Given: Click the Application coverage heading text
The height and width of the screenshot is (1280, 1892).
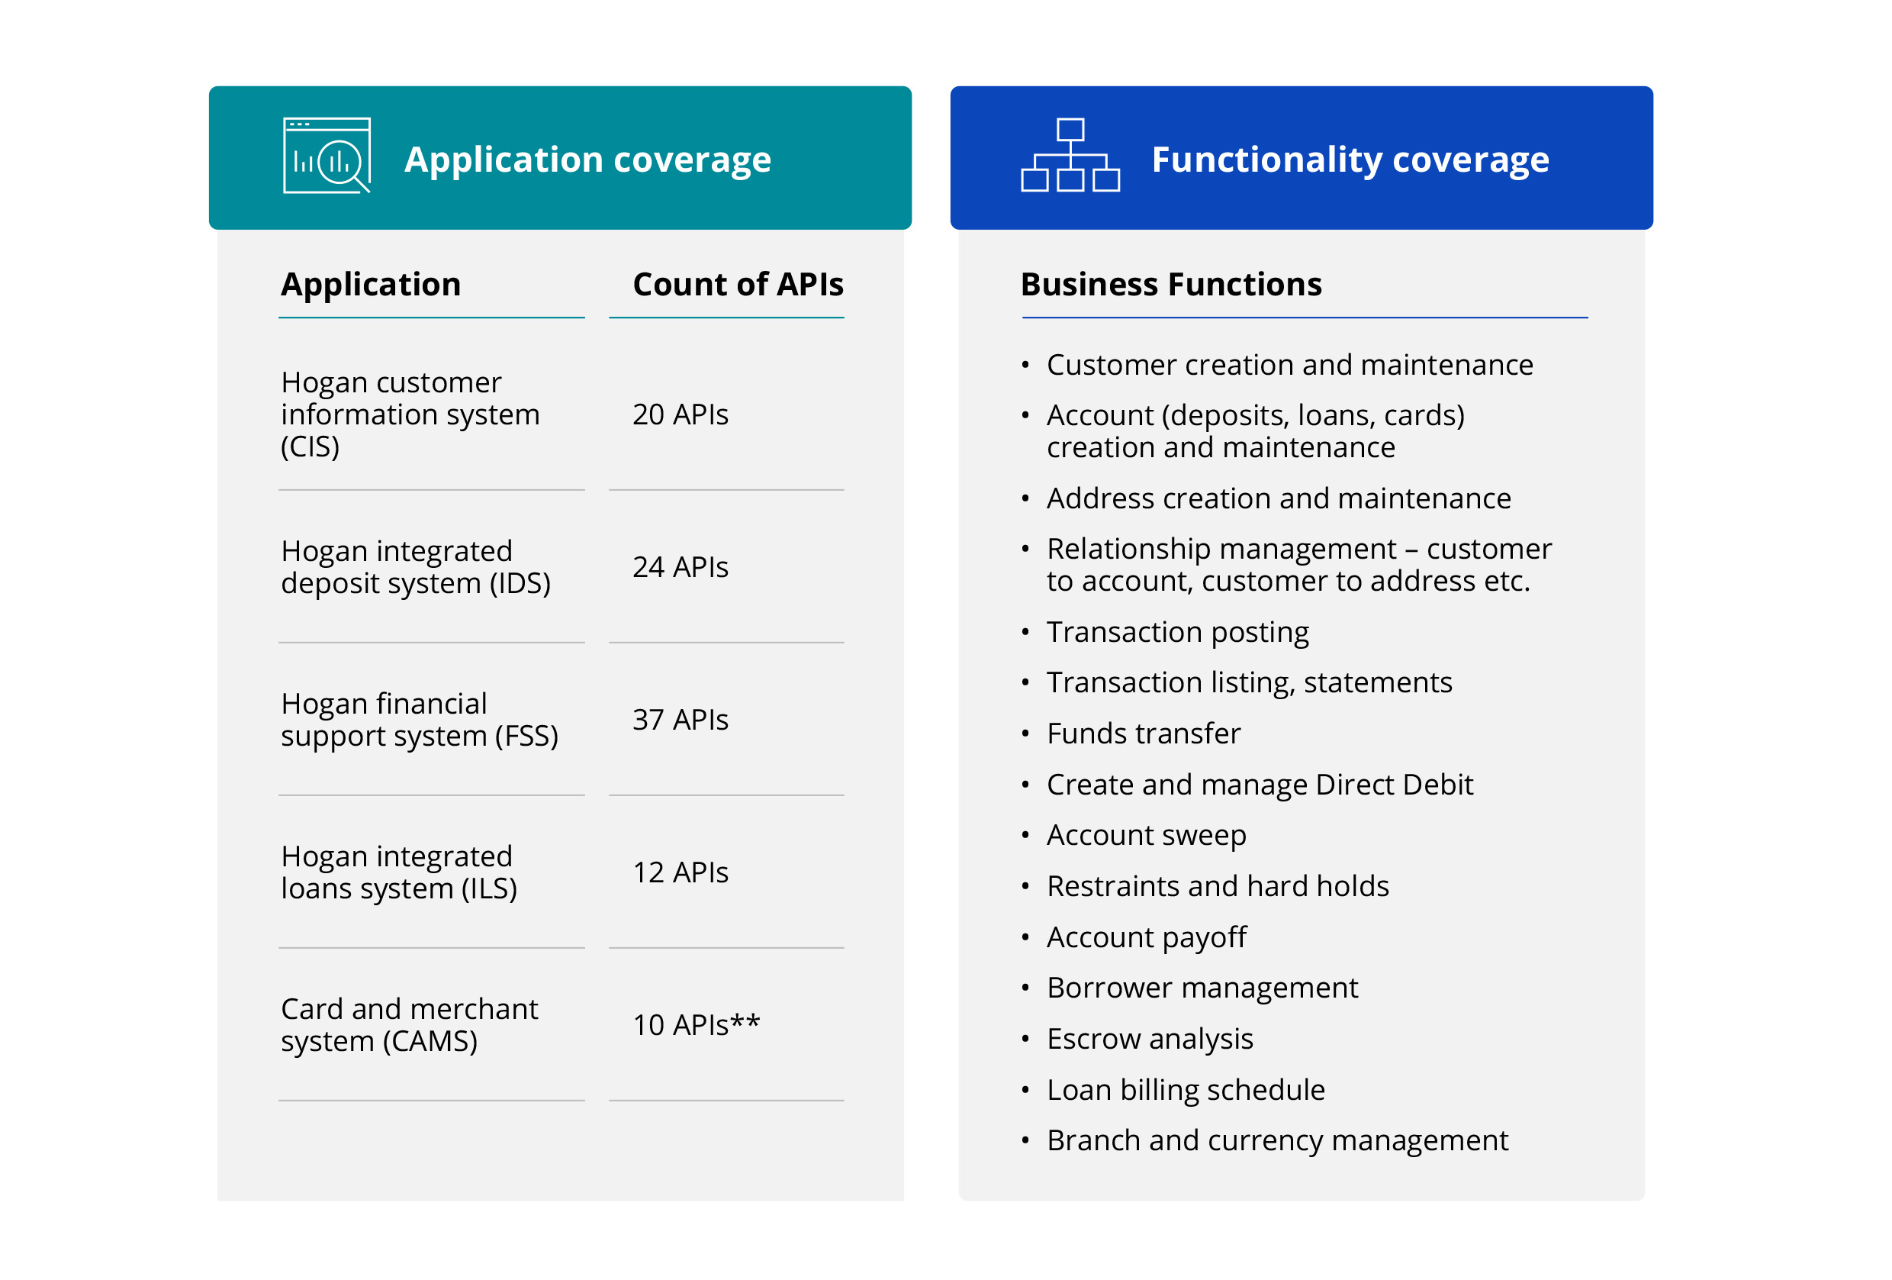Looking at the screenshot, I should click(x=587, y=160).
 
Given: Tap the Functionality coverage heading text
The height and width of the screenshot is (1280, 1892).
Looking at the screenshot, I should click(x=1350, y=160).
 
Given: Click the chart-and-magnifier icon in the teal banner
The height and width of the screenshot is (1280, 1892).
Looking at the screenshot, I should click(x=327, y=156).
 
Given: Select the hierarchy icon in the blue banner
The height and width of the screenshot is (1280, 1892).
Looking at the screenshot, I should click(x=1070, y=156).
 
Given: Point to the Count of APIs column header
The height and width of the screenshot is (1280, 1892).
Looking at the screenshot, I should click(x=738, y=284).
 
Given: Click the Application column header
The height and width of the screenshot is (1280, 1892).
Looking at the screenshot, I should click(x=371, y=284).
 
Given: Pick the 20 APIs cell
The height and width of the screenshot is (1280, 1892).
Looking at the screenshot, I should click(x=680, y=414).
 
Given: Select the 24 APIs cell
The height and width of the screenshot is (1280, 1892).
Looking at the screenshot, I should click(x=680, y=566).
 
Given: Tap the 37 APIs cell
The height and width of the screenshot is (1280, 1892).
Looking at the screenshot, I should click(x=680, y=720).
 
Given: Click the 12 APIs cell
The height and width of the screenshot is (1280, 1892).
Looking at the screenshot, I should click(x=680, y=872).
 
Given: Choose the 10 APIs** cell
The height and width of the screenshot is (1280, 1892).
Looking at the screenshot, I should click(x=696, y=1024).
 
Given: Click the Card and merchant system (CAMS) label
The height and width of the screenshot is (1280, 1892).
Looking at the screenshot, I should click(x=409, y=1024).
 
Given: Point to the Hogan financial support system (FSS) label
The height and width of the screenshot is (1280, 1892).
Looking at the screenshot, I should click(x=419, y=720).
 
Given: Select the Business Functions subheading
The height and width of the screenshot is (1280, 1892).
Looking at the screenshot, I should click(x=1171, y=284).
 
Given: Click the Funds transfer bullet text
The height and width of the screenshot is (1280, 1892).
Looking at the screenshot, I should click(x=1143, y=734).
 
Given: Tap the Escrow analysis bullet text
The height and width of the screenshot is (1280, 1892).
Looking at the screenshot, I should click(x=1150, y=1039).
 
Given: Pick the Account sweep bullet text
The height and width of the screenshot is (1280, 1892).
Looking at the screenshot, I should click(x=1147, y=836).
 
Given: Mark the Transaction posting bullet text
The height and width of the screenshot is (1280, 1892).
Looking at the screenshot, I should click(x=1177, y=632).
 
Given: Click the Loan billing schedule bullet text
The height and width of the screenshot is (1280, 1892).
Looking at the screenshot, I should click(x=1186, y=1089).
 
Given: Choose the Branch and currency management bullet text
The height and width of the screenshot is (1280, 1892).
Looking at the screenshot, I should click(x=1276, y=1141).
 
